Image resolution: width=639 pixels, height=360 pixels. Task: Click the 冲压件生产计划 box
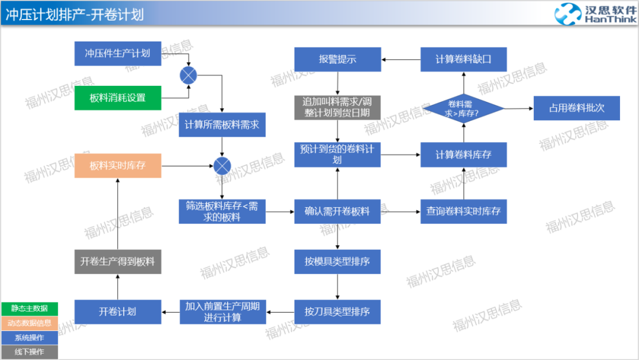(118, 53)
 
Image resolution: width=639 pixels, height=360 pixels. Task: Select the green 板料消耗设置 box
(118, 98)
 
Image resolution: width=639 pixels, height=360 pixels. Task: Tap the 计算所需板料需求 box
(222, 125)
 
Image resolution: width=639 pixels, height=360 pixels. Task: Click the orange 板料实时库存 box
(118, 166)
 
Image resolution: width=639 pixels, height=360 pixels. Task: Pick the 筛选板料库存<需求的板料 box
(222, 211)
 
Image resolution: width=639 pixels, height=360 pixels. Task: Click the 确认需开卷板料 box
(337, 211)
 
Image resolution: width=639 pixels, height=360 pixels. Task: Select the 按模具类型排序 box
(337, 261)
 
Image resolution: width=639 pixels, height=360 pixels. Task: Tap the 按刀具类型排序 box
(337, 311)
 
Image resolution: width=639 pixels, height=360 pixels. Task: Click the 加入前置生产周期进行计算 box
(222, 311)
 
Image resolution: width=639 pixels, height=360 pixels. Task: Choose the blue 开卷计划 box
(118, 311)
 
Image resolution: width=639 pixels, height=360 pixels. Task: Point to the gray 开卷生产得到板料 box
(118, 261)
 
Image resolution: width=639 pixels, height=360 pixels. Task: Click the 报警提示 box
(337, 59)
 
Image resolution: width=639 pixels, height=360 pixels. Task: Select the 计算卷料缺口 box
(463, 59)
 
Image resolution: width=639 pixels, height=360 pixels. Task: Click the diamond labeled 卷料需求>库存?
(463, 108)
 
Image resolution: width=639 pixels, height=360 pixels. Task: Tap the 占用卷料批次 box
(576, 108)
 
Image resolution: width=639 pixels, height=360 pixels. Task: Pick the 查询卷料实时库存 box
(463, 211)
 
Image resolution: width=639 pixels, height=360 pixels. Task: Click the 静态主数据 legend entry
(30, 308)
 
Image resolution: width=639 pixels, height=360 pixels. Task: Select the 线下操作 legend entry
(30, 352)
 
